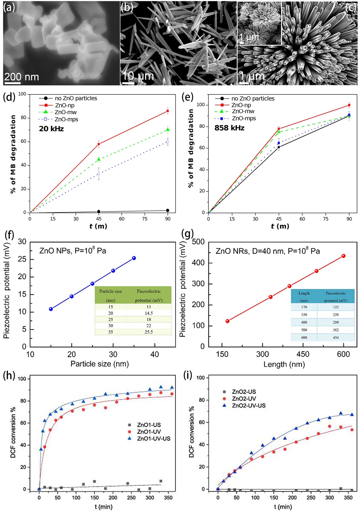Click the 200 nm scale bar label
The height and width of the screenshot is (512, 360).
22,77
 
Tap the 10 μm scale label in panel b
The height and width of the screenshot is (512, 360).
138,76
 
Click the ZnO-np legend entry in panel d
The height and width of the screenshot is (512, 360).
64,105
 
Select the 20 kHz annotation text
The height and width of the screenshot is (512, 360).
51,129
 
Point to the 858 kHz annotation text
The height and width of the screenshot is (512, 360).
229,128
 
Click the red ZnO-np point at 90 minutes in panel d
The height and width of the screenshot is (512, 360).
168,111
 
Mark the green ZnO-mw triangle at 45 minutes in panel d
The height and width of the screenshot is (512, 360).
99,159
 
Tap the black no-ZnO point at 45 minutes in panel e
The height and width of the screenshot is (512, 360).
279,147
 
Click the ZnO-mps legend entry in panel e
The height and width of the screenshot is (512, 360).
244,118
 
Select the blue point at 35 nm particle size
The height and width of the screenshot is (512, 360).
134,258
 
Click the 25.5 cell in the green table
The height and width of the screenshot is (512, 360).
149,332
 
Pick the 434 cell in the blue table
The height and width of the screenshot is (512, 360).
336,337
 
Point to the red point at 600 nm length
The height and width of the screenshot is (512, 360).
343,256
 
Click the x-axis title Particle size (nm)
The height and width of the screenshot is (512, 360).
99,364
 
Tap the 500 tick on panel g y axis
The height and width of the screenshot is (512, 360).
198,242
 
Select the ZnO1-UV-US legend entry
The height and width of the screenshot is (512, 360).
154,439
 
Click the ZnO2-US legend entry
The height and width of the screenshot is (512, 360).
244,392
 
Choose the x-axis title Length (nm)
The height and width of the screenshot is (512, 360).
284,364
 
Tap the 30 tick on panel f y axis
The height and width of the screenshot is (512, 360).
22,242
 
